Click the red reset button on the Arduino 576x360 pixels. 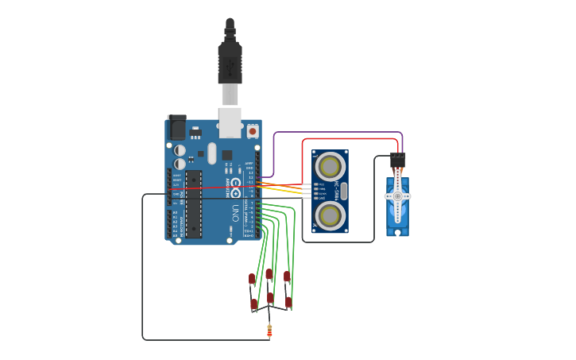point(253,130)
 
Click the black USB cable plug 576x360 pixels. point(230,64)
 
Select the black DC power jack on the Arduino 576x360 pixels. point(176,128)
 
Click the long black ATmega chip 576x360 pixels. point(194,203)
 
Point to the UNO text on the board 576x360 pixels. point(235,213)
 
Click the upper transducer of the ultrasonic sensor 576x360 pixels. point(331,167)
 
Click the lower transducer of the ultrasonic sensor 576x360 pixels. point(331,215)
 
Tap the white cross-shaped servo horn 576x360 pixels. point(397,195)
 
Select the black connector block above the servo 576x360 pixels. point(398,160)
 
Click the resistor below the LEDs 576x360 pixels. point(269,331)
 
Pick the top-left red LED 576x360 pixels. point(252,279)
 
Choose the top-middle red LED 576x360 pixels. point(269,274)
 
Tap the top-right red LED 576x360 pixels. point(287,277)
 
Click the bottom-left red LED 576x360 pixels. point(253,304)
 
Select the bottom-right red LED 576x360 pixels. point(288,303)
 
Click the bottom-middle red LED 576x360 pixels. point(270,298)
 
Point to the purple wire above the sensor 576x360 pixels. point(338,133)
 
